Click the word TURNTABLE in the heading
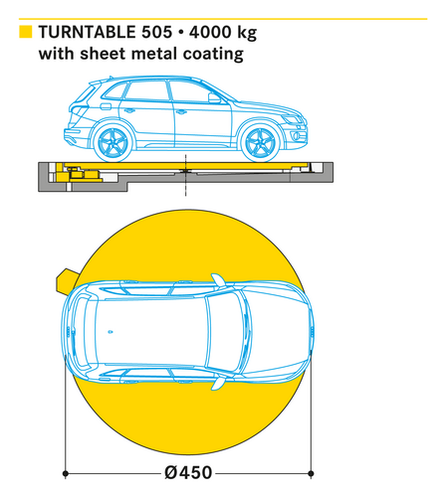(x=88, y=33)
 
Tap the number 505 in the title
(x=157, y=33)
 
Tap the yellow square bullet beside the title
(x=26, y=32)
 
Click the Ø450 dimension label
(x=188, y=472)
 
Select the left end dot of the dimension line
(x=66, y=473)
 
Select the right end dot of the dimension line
(x=311, y=473)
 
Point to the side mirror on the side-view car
(x=214, y=97)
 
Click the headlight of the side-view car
(x=292, y=119)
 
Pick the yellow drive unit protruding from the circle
(x=67, y=281)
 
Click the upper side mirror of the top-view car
(x=218, y=280)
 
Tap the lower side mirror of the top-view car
(x=218, y=383)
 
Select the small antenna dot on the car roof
(x=111, y=332)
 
